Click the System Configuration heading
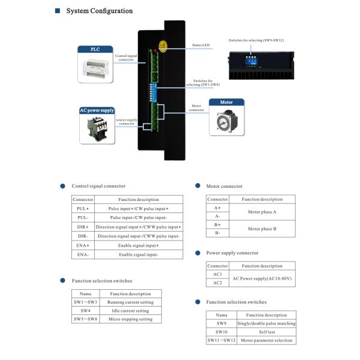click(x=99, y=11)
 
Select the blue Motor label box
click(x=227, y=103)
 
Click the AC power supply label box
click(x=96, y=110)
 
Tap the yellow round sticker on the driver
click(x=163, y=44)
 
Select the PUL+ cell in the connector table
click(x=83, y=208)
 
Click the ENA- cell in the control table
click(x=83, y=255)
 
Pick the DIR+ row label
click(x=83, y=227)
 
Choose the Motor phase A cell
click(x=262, y=212)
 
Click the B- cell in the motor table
click(x=217, y=232)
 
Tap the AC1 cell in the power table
click(x=217, y=274)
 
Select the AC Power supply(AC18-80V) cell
click(x=262, y=278)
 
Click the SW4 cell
click(x=85, y=310)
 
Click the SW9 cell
click(x=221, y=323)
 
